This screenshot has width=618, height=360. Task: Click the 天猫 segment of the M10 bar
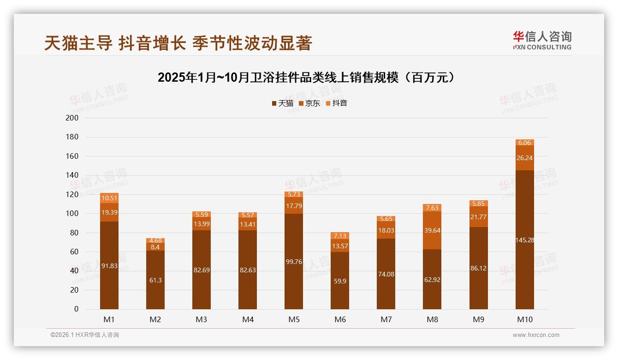point(524,240)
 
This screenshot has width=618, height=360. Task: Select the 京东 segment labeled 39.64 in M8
point(432,230)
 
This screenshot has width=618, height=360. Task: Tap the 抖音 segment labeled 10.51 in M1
point(109,198)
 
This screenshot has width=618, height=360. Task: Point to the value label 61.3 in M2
point(155,280)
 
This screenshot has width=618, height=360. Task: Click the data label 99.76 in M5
point(294,261)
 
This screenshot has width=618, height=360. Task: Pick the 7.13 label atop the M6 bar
point(340,236)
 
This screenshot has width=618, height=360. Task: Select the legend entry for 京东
point(309,103)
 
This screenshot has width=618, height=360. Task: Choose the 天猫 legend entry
point(282,103)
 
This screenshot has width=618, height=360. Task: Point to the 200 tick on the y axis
point(72,118)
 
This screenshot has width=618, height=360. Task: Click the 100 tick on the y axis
point(72,214)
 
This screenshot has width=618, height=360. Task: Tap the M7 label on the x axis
point(386,319)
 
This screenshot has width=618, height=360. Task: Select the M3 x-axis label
point(202,319)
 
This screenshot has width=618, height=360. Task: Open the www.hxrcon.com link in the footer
point(535,335)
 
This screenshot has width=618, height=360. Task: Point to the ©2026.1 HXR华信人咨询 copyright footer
point(85,335)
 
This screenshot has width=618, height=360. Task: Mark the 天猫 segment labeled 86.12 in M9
point(478,268)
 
